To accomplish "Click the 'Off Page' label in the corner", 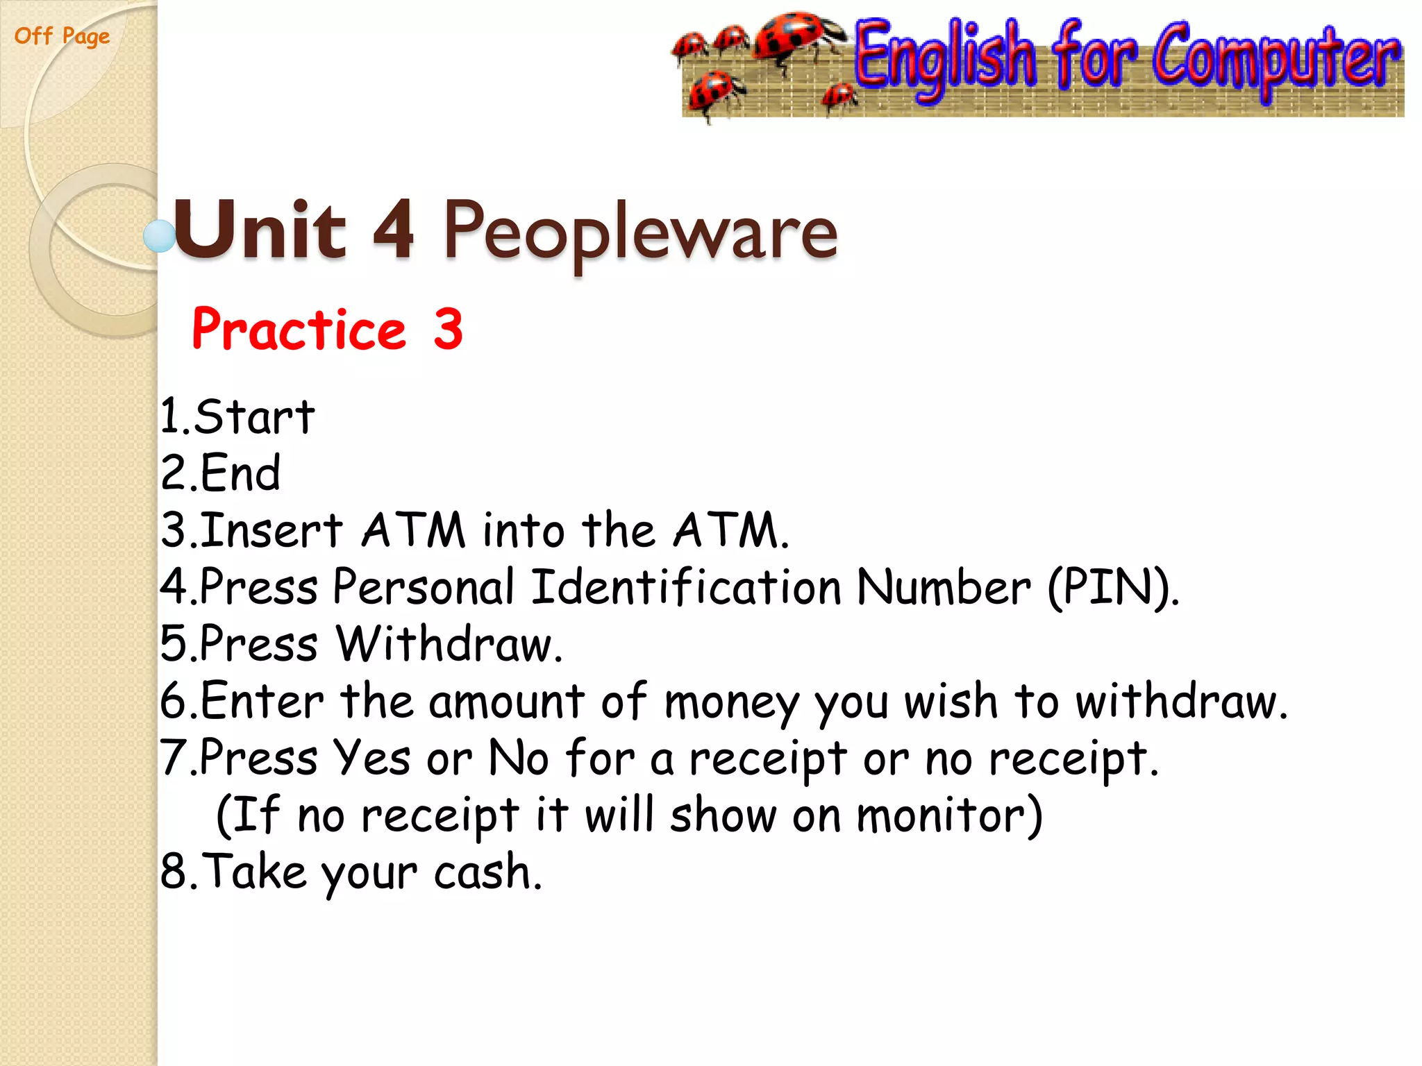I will [62, 35].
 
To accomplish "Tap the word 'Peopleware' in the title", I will [640, 232].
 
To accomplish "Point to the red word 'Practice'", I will [299, 329].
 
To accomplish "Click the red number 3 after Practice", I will [448, 329].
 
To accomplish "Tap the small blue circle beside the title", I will [159, 236].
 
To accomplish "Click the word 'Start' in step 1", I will [254, 418].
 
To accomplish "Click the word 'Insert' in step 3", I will [271, 531].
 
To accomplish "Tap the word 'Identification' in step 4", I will [686, 587].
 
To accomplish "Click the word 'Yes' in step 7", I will [371, 758].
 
